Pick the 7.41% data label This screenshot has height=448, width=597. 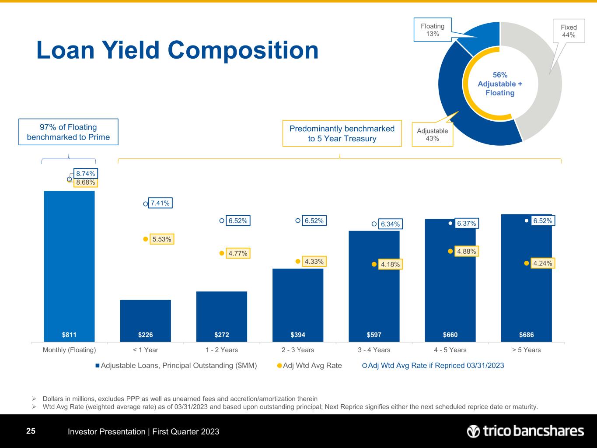(x=160, y=203)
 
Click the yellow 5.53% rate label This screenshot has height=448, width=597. (x=162, y=239)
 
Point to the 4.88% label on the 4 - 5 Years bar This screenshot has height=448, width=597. (x=466, y=252)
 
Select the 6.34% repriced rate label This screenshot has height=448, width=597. (x=390, y=224)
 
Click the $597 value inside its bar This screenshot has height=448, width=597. (x=374, y=335)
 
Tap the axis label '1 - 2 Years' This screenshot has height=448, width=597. (x=221, y=350)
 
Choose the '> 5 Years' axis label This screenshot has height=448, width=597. (x=526, y=350)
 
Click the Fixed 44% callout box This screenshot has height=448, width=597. (x=569, y=31)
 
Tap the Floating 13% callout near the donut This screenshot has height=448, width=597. (x=433, y=30)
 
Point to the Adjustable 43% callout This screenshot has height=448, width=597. (x=432, y=134)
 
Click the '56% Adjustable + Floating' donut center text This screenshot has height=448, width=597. (x=500, y=84)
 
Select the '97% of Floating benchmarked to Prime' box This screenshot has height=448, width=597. (x=68, y=132)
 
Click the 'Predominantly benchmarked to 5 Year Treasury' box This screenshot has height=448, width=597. (x=342, y=133)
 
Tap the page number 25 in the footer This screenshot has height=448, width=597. (x=31, y=431)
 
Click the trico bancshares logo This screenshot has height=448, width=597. (x=525, y=431)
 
